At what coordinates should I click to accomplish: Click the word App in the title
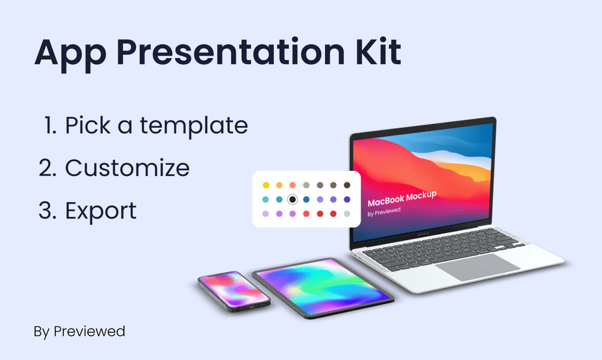[70, 54]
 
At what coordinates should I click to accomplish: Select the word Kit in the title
[379, 51]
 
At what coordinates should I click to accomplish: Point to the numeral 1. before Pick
[51, 125]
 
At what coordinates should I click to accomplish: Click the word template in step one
[194, 126]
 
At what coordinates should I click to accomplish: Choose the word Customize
[128, 168]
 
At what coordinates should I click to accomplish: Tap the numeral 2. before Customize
[48, 168]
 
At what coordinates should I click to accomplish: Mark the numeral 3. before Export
[48, 211]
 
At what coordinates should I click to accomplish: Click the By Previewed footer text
[79, 332]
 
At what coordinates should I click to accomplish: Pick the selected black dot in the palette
[293, 199]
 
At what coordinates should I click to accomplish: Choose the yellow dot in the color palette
[265, 185]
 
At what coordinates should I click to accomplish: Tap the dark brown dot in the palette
[347, 185]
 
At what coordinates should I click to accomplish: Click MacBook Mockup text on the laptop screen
[402, 199]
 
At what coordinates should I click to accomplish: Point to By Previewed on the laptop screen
[384, 213]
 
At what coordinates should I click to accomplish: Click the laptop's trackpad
[477, 267]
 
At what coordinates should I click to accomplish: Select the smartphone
[234, 291]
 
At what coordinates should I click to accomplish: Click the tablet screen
[323, 287]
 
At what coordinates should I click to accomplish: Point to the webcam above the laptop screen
[426, 128]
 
